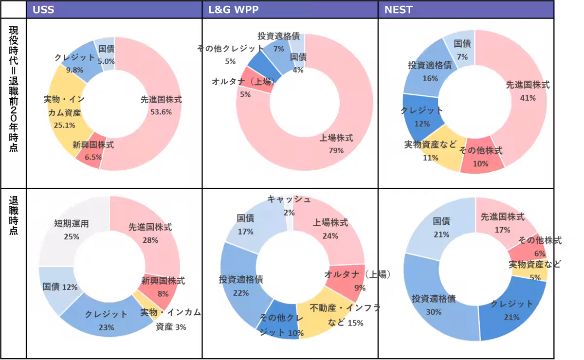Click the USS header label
click(x=43, y=9)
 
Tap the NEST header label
click(x=399, y=9)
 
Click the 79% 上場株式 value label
click(x=336, y=150)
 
